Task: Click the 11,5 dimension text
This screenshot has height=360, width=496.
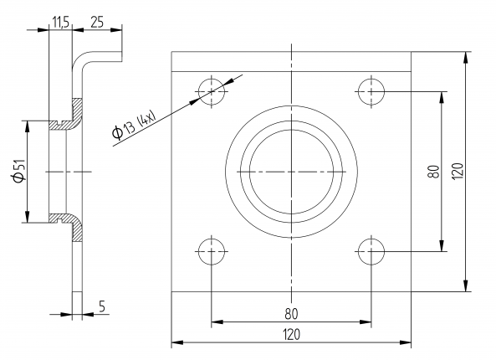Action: click(x=60, y=21)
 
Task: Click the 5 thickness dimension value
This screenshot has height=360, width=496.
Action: click(x=101, y=306)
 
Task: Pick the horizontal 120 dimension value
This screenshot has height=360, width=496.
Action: click(x=291, y=335)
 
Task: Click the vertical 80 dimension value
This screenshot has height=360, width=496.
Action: click(x=432, y=172)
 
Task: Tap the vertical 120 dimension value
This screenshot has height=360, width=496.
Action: click(x=457, y=172)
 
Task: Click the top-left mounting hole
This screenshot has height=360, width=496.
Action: click(x=212, y=90)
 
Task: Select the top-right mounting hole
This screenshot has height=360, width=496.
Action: click(x=370, y=90)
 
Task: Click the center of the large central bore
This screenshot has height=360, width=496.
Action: click(x=291, y=172)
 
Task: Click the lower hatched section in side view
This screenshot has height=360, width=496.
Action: click(x=73, y=228)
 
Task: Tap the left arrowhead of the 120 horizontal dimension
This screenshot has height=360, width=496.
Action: click(x=176, y=342)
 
